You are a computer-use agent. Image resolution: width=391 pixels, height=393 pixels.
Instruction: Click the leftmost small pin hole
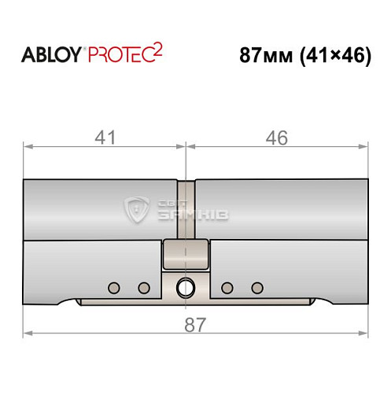[x=114, y=287]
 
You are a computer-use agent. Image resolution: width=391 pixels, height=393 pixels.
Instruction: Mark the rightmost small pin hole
[x=256, y=287]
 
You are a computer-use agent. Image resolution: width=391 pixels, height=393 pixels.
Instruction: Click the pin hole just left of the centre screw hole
[x=143, y=287]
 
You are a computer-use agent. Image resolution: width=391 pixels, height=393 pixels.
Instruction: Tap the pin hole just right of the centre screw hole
[x=227, y=287]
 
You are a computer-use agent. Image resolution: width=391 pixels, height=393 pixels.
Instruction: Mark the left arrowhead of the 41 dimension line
[x=28, y=145]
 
